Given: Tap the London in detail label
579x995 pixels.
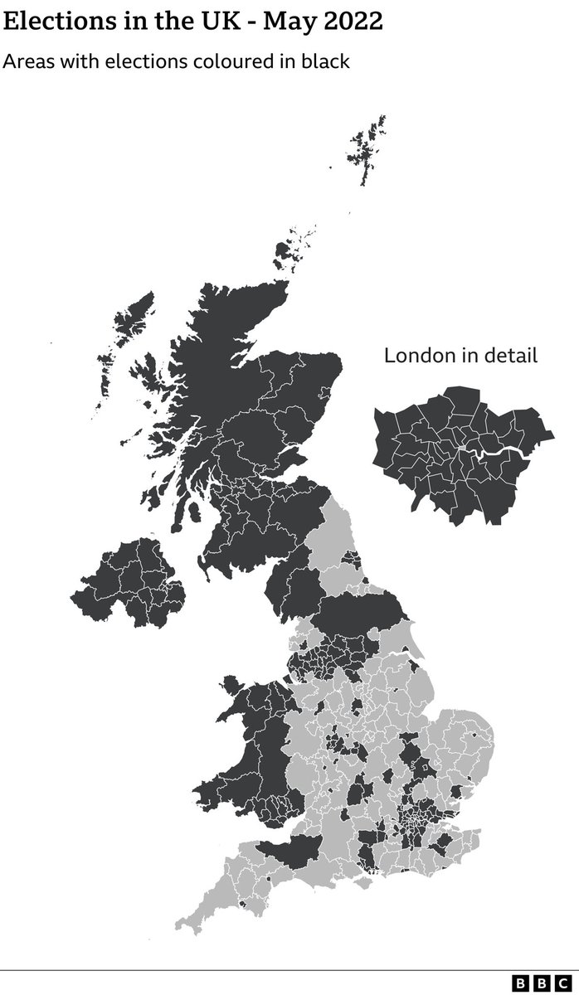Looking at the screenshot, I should click(460, 356).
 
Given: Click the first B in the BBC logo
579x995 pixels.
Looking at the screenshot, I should click(521, 983).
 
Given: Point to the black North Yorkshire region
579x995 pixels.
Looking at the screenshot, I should click(357, 614).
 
